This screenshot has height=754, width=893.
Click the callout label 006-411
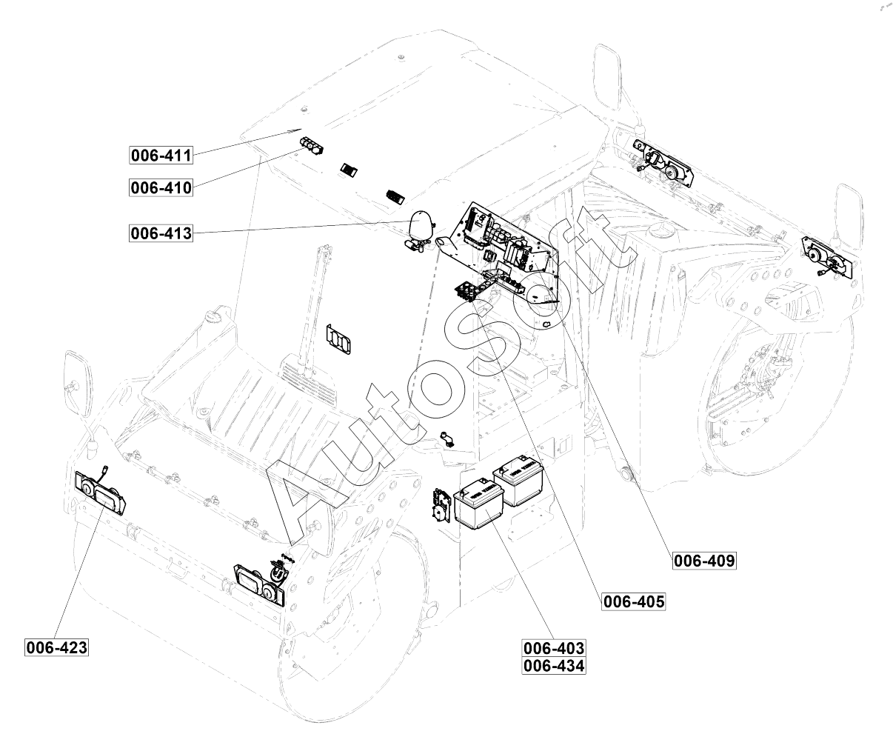[x=161, y=155]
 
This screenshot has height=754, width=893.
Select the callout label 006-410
[x=161, y=187]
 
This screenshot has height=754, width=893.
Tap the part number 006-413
[x=161, y=233]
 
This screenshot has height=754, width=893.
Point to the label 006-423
[x=56, y=647]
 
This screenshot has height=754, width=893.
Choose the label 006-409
[x=704, y=561]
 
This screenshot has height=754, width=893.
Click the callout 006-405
[x=634, y=601]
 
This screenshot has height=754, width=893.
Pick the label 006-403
[x=554, y=648]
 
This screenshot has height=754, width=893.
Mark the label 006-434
[x=554, y=666]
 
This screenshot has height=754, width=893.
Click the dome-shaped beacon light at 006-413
[x=421, y=224]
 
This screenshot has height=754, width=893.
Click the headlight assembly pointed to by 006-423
[x=100, y=493]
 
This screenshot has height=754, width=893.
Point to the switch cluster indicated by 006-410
[x=312, y=146]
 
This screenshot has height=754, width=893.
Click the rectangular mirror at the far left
[x=78, y=384]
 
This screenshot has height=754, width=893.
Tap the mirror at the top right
[x=607, y=77]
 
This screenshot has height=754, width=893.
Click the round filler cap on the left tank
[x=213, y=318]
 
